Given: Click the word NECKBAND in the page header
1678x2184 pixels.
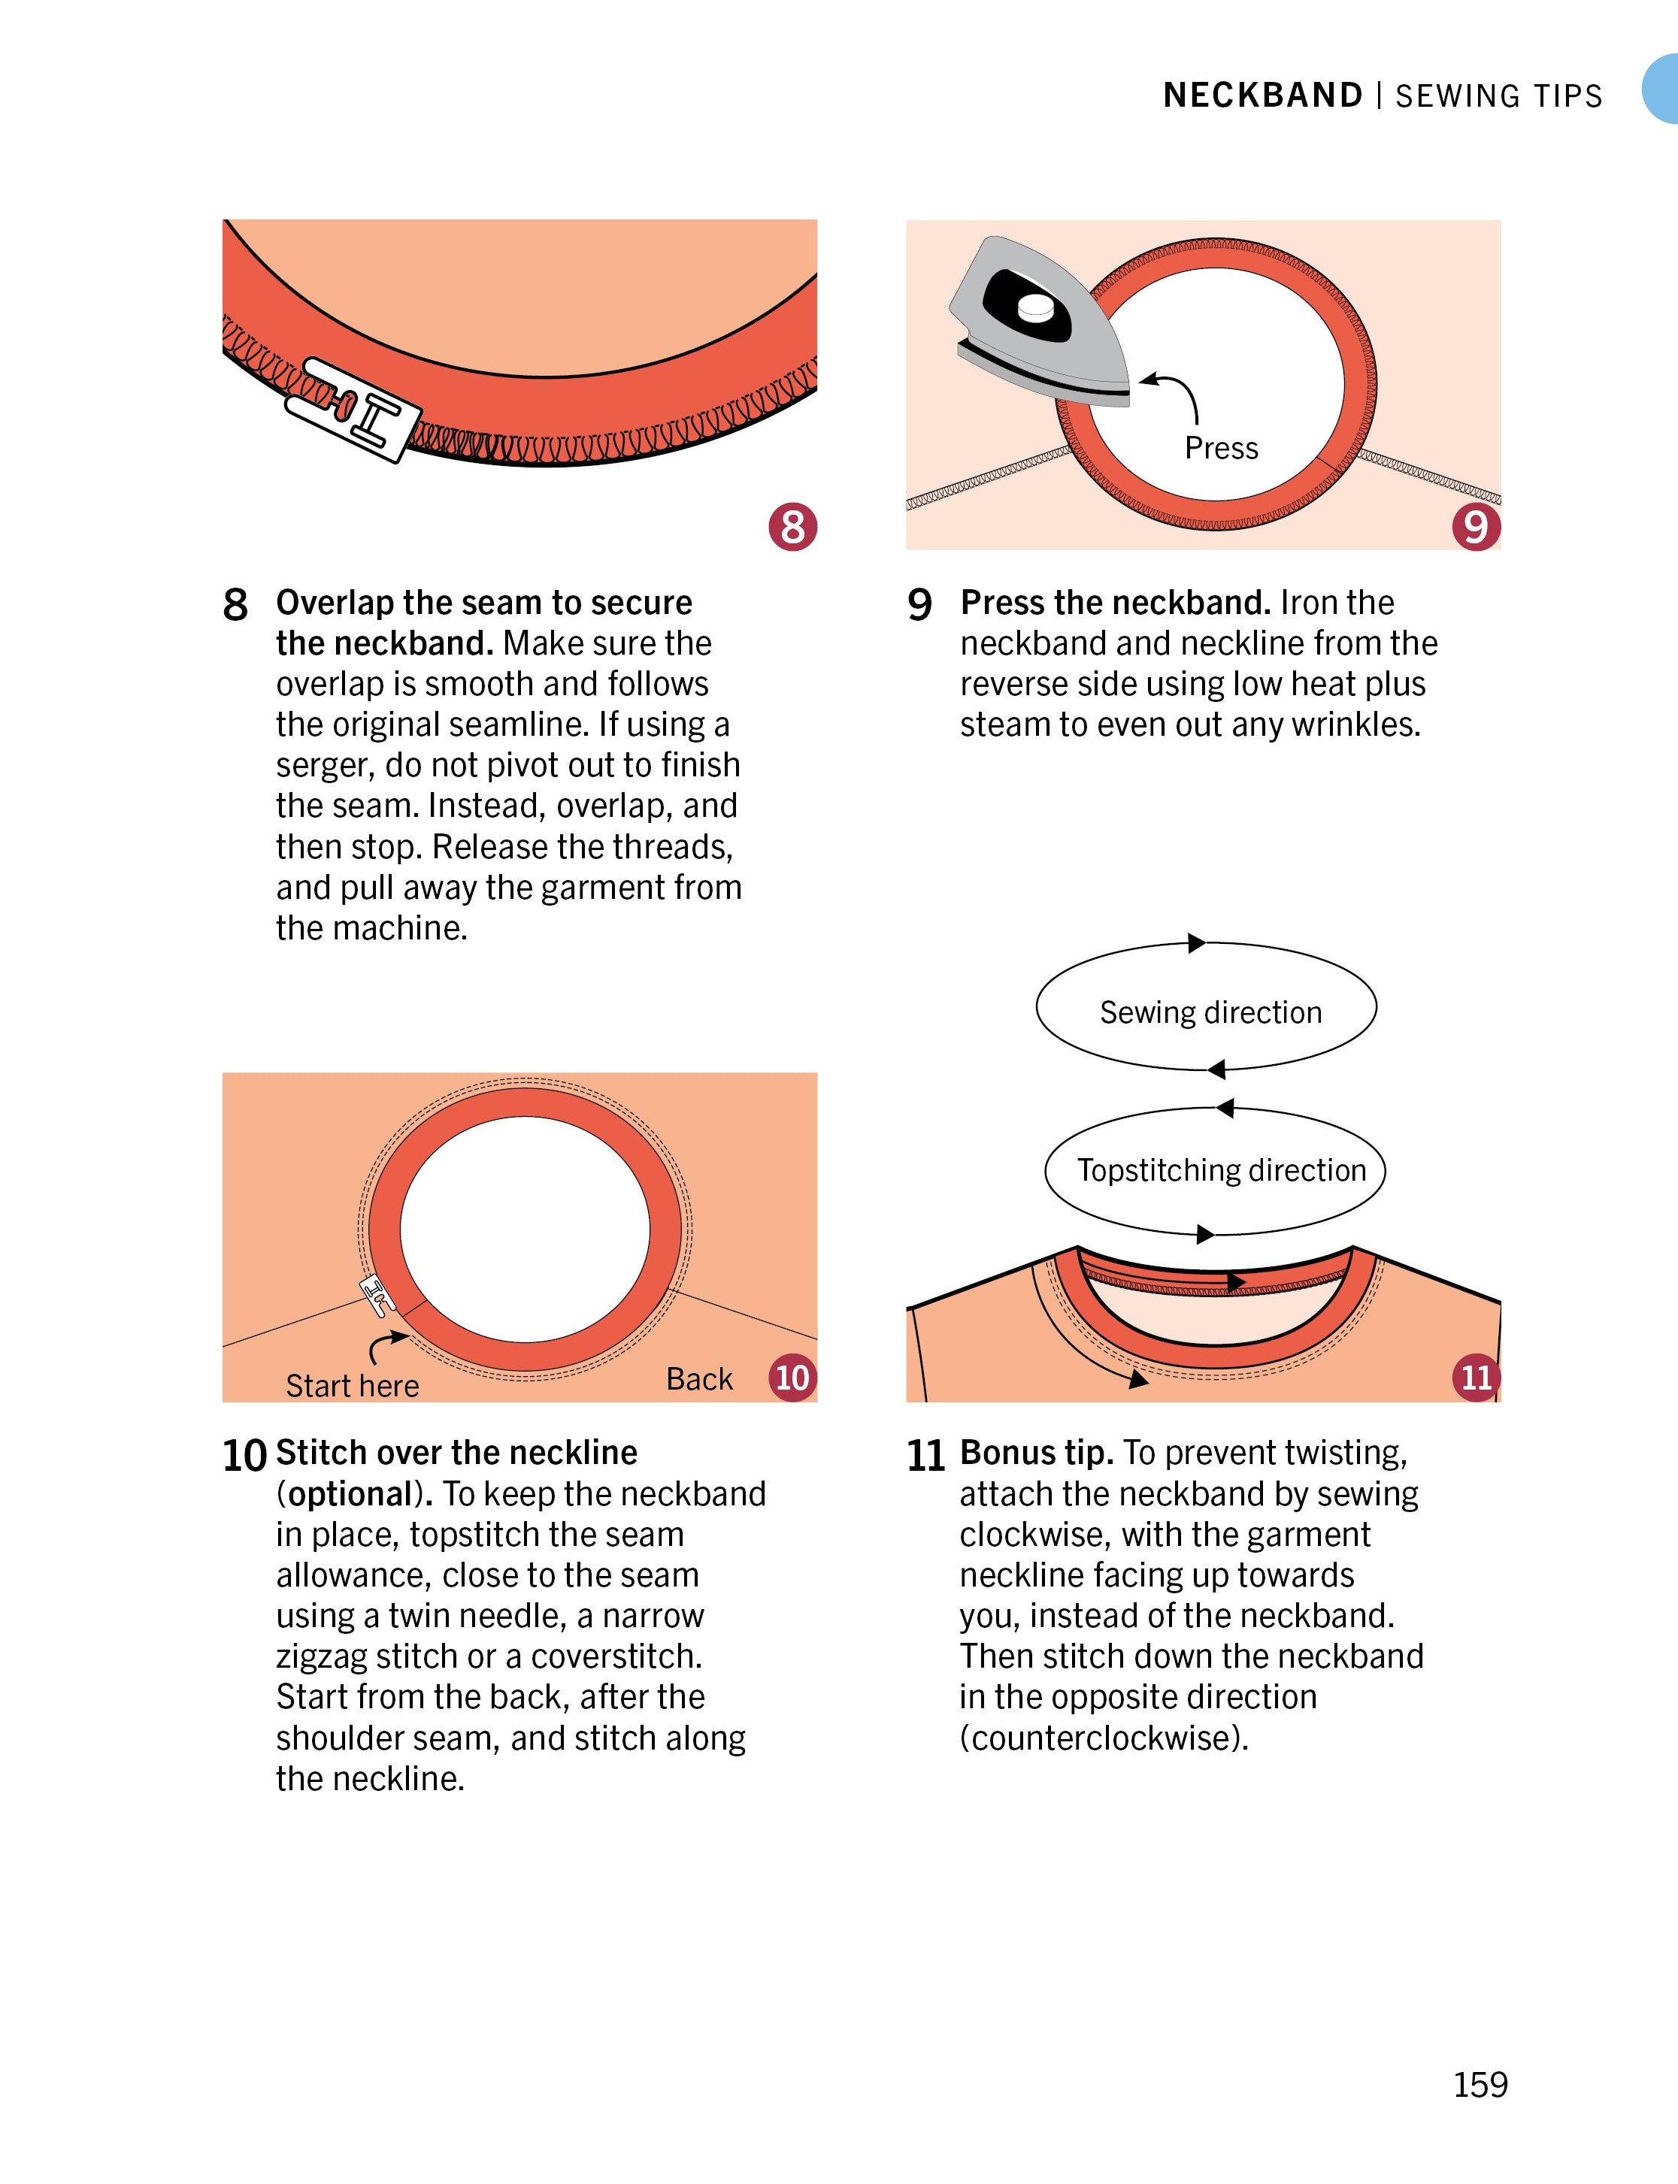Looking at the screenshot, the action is tap(1262, 96).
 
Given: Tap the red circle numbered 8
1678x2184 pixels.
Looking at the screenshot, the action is tap(793, 526).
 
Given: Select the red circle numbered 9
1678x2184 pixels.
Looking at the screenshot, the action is tap(1477, 526).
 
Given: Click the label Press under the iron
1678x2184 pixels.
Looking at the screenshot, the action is tap(1222, 449).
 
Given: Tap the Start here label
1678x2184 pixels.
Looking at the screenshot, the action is tap(353, 1386).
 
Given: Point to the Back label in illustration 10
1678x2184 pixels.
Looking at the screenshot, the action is tap(699, 1379).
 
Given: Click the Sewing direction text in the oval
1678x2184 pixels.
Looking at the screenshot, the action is tap(1210, 1012).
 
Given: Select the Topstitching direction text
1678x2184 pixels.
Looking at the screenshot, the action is tap(1222, 1170).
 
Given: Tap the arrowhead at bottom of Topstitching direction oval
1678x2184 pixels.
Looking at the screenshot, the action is tap(1206, 1234).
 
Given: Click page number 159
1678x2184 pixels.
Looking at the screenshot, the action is tap(1480, 2084).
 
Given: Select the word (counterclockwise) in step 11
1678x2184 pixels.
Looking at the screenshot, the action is tap(1104, 1738).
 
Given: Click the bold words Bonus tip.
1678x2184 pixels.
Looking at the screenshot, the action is tap(1037, 1453).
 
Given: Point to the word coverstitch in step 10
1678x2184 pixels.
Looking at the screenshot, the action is tap(616, 1656).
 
